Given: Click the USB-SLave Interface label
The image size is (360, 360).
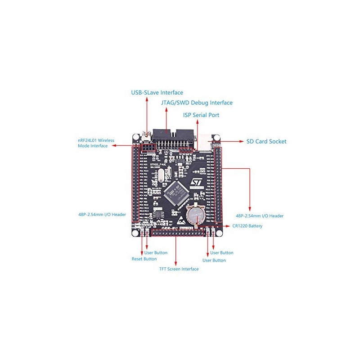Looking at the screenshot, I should coord(157,93).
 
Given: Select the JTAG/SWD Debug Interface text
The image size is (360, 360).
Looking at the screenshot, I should coord(197,103).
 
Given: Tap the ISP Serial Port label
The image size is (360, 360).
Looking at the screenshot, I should coord(201,115).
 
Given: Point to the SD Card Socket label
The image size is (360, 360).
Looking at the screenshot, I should coord(266,141).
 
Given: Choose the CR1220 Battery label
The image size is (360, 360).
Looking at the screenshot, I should coord(247,226).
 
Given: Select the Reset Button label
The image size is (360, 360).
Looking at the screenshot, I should coord(144,259).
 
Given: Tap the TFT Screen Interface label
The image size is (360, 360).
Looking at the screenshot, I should coord(179,269).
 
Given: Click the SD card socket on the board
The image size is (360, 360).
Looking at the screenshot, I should coord(206,140).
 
